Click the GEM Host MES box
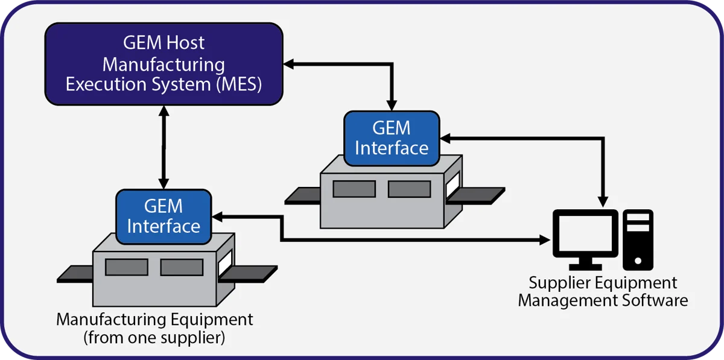(164, 64)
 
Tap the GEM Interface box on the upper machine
(392, 138)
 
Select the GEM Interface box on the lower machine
(164, 217)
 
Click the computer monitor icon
(585, 239)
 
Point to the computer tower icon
(638, 239)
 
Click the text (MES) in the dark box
(239, 84)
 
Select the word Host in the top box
(185, 43)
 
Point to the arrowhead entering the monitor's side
(545, 240)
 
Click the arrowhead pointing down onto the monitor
(603, 201)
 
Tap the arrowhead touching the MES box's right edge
(289, 64)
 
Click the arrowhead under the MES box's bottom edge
(164, 112)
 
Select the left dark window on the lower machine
(127, 267)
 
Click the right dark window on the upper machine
(410, 189)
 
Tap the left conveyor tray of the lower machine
(75, 274)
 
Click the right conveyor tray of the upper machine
(476, 196)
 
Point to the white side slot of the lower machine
(225, 262)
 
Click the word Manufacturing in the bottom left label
(112, 320)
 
